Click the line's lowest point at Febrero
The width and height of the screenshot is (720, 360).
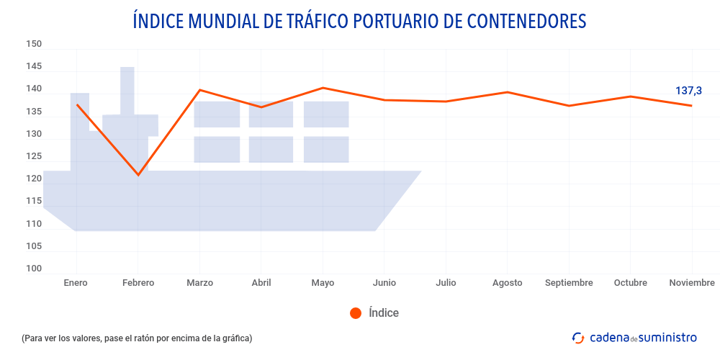[138, 175]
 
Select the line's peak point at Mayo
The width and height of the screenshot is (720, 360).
[323, 88]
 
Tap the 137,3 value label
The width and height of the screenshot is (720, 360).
[688, 91]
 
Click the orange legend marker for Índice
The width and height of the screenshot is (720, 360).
[355, 312]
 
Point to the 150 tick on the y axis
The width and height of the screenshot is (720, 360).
[34, 44]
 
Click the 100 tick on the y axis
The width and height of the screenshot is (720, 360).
[34, 269]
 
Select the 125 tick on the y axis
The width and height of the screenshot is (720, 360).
[34, 156]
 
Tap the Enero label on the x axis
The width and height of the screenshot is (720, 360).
[76, 283]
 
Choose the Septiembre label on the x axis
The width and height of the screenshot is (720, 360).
[569, 283]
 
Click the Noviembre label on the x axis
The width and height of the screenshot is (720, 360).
[692, 283]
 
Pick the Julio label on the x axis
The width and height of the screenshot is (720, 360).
[446, 283]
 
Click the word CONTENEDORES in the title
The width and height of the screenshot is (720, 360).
[527, 21]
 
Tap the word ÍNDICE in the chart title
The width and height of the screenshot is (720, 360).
[158, 21]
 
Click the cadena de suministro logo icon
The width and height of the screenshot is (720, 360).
[577, 338]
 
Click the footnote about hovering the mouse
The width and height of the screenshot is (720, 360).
[137, 338]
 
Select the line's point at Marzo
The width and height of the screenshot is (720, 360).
[199, 90]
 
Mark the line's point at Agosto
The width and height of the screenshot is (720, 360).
[508, 92]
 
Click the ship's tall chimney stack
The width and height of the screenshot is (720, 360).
[127, 90]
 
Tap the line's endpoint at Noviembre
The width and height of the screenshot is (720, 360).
[692, 106]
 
